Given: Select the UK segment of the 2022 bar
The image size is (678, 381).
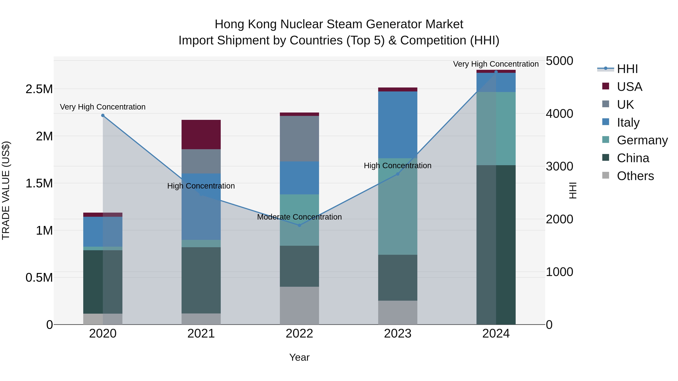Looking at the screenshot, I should pos(299,138).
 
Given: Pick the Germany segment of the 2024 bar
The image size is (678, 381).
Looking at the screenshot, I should pos(496,129).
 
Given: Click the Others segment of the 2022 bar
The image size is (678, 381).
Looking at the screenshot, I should pos(299,305).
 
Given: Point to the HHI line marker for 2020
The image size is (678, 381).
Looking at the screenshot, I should pos(103,116).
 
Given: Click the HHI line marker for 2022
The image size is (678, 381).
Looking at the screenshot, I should pos(299,225).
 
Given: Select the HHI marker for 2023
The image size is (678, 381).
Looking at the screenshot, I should pos(398,174).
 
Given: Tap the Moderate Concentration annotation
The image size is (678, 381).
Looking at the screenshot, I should pos(299,217).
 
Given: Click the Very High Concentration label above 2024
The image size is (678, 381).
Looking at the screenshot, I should pos(496,64).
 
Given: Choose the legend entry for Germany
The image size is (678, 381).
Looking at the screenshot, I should pos(642,140).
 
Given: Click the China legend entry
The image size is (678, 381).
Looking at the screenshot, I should pos(633,158).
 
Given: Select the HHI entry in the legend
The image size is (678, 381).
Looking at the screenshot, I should pos(627,69).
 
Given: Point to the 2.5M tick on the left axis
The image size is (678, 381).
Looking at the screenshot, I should pos(39,89).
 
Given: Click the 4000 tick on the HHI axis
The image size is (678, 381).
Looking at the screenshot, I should pos(559,114).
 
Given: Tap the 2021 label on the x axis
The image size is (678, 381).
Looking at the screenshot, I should pos(201,334).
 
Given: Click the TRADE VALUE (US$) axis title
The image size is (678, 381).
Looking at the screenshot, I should pos(6,190).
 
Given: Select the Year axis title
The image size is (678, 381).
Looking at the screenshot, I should pos(299,357).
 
